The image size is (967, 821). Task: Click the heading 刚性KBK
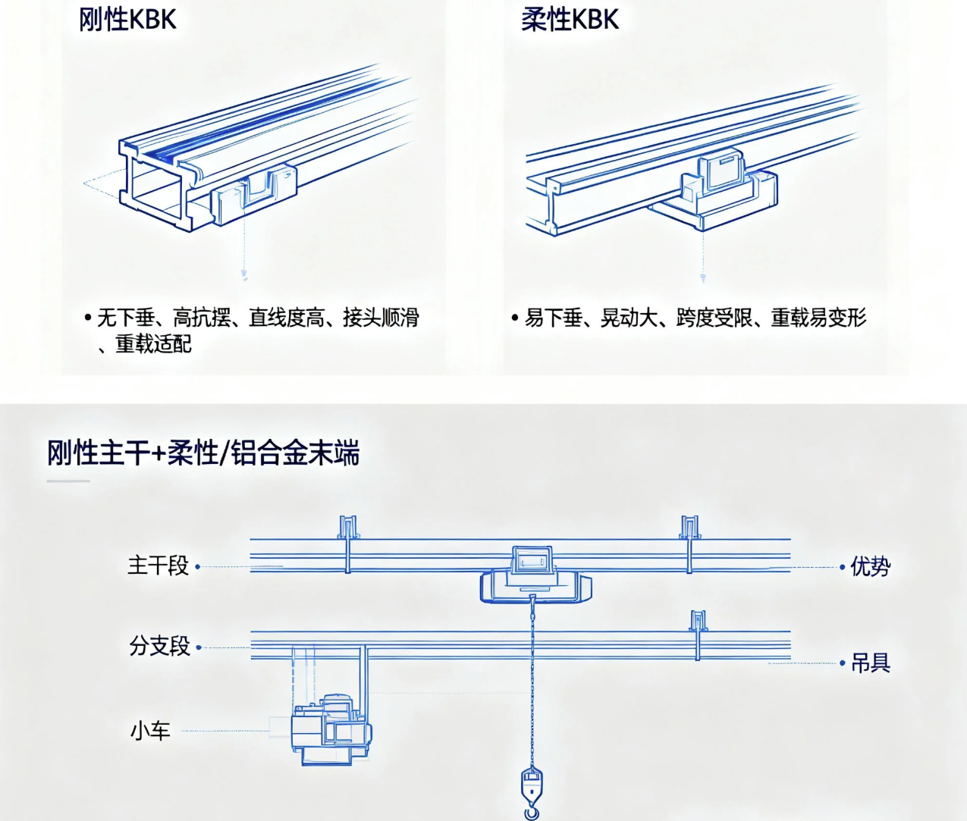click(127, 20)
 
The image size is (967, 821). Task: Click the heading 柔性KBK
click(570, 20)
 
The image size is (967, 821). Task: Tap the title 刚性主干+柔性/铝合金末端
click(203, 453)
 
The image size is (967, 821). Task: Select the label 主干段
click(158, 566)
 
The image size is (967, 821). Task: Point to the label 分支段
click(159, 646)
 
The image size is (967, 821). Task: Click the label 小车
click(150, 732)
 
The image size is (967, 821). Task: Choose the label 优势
click(870, 566)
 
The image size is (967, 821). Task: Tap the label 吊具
click(870, 663)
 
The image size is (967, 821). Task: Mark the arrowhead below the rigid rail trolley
click(244, 274)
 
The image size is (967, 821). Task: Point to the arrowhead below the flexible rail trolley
click(703, 277)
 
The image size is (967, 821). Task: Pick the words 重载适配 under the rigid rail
click(153, 344)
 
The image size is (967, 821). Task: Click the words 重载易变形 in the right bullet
click(818, 318)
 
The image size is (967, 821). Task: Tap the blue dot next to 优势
click(842, 566)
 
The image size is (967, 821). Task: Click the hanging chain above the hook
click(532, 682)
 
